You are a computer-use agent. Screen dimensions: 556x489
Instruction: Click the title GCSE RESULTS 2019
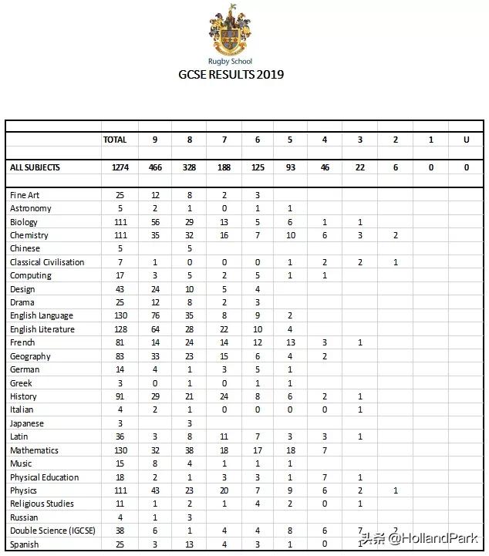click(x=231, y=75)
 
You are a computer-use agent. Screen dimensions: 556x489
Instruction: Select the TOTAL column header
click(x=115, y=140)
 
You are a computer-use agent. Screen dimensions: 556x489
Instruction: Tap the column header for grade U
click(x=466, y=140)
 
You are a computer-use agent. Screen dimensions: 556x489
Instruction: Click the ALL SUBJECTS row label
click(x=35, y=167)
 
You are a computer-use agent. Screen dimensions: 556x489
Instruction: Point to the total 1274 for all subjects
click(x=120, y=167)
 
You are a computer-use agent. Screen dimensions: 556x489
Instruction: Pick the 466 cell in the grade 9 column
click(x=155, y=167)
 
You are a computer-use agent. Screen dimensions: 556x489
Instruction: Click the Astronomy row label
click(x=31, y=208)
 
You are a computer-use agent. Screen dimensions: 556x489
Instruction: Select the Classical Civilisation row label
click(x=47, y=262)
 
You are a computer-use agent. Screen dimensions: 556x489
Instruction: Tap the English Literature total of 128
click(x=120, y=329)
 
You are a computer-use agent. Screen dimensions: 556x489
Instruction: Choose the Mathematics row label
click(x=34, y=450)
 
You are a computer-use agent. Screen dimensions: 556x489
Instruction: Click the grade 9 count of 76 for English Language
click(x=155, y=315)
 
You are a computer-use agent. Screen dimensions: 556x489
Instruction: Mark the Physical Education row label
click(x=44, y=477)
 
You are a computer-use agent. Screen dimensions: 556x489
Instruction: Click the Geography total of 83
click(x=120, y=356)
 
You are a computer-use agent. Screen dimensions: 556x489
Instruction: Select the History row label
click(x=23, y=396)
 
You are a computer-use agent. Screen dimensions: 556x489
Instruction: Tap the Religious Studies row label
click(x=42, y=504)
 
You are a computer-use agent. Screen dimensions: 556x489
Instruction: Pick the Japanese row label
click(x=27, y=423)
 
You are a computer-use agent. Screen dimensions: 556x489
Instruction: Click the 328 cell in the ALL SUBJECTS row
click(x=190, y=167)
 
